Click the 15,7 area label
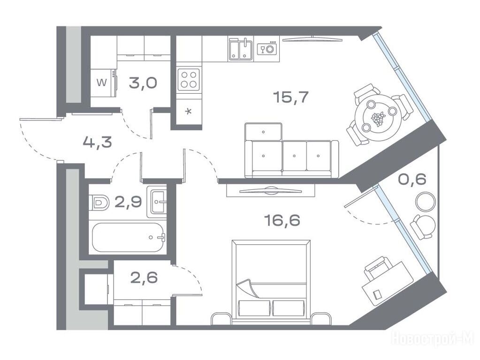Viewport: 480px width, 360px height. coord(290,97)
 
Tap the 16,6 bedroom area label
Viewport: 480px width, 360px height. coord(282,220)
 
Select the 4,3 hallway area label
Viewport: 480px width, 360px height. coord(97,142)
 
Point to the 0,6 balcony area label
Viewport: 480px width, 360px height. coord(412,179)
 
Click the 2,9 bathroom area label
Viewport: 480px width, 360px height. coord(128,202)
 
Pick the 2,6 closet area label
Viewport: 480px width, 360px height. coord(144,277)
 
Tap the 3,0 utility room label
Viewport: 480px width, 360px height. coord(143,83)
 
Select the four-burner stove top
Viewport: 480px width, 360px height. coord(189,80)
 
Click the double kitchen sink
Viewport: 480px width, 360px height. coord(241,49)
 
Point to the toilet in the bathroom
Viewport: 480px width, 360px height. coord(99,202)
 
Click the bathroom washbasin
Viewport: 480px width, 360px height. coord(157,202)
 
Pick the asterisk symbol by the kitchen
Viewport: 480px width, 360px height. coord(189,112)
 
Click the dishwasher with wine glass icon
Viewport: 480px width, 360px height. coord(267,48)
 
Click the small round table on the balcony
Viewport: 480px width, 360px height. coord(426,201)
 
